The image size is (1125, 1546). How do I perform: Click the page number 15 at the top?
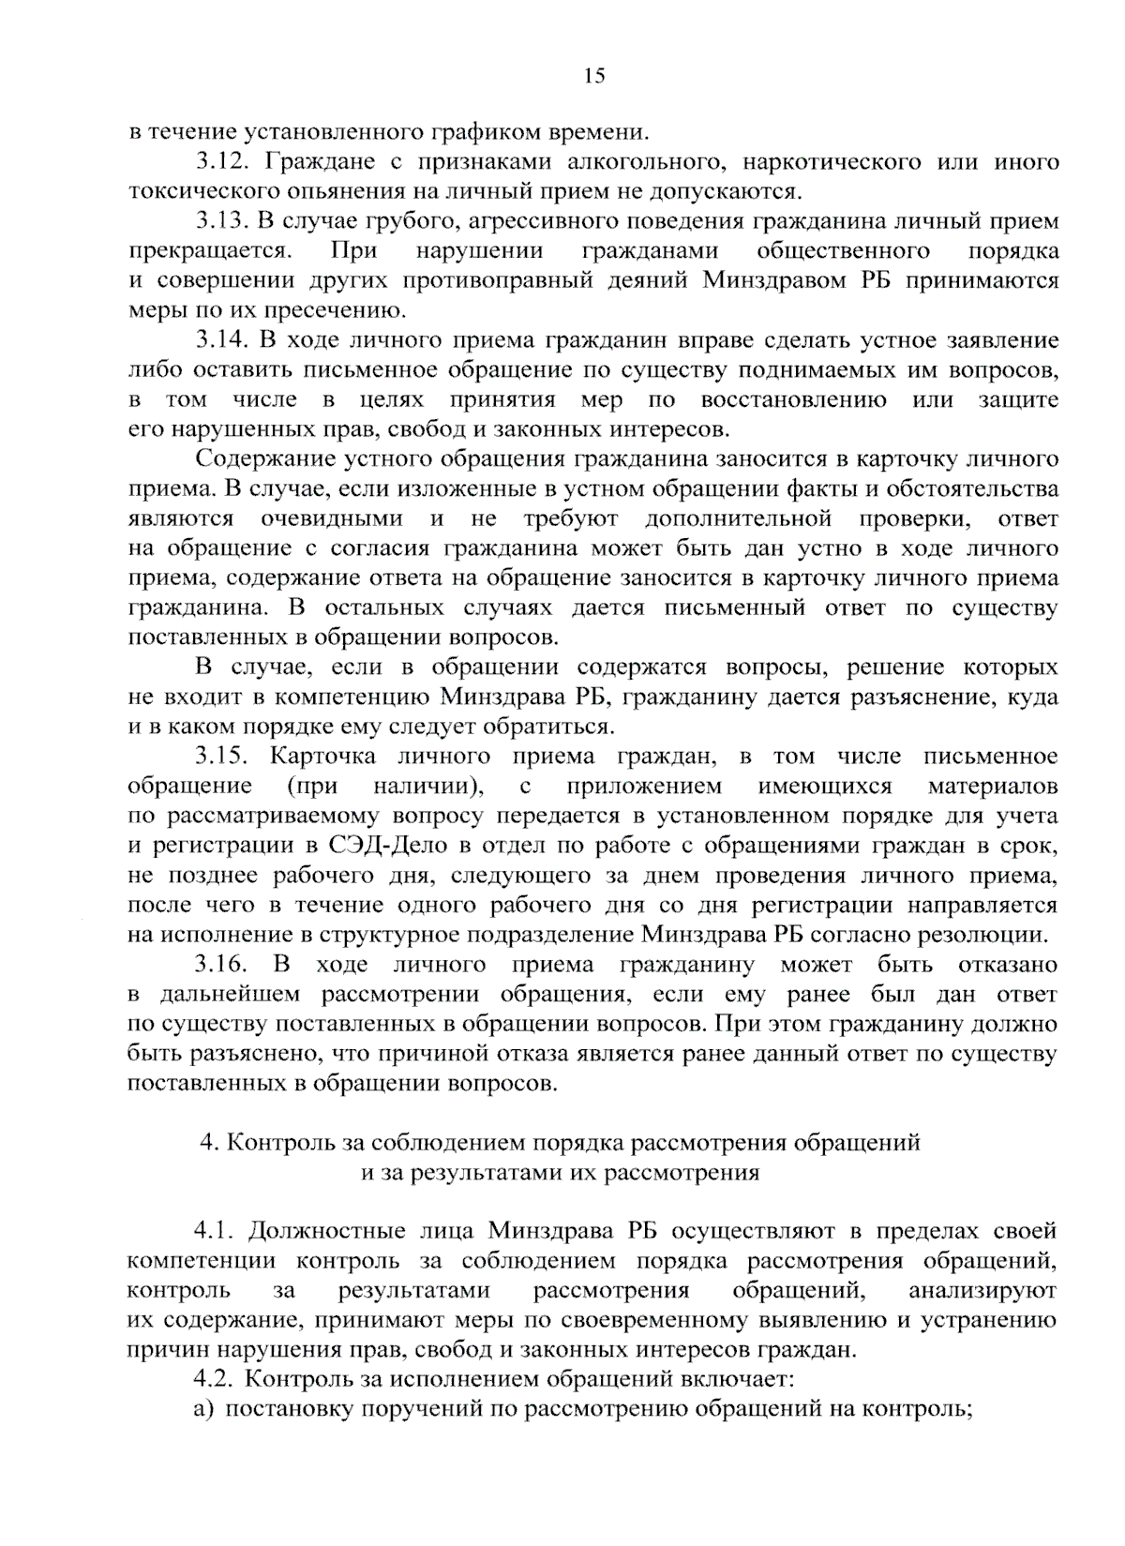[x=594, y=77]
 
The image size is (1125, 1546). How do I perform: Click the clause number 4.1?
[x=215, y=1230]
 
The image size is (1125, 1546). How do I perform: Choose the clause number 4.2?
[x=215, y=1378]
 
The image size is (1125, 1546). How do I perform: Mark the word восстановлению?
[x=793, y=399]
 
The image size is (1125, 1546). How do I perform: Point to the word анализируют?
[x=982, y=1290]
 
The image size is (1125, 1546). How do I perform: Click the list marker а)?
[x=203, y=1408]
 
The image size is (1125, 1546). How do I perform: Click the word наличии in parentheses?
[x=425, y=786]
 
